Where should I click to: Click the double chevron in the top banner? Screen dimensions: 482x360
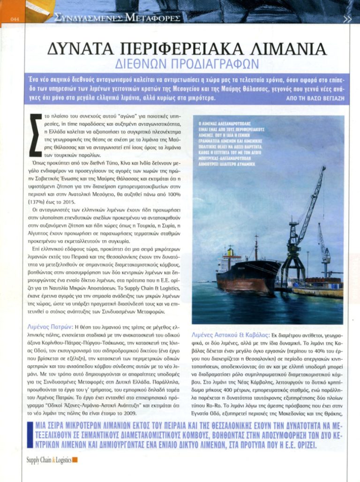pyautogui.click(x=347, y=19)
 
